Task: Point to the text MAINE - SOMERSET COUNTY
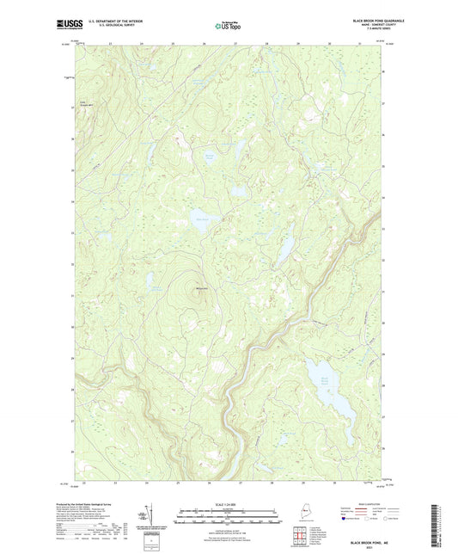[x=371, y=26]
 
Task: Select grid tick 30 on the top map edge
[x=330, y=44]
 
